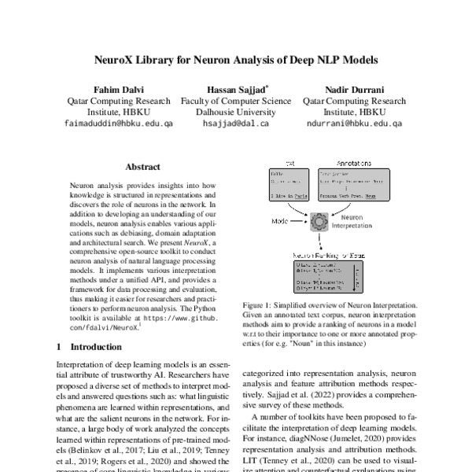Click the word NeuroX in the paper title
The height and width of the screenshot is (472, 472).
pyautogui.click(x=119, y=59)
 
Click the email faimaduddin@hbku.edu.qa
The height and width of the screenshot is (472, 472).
pyautogui.click(x=117, y=124)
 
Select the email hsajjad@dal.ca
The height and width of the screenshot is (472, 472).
pyautogui.click(x=236, y=124)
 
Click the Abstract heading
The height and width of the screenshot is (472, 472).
pyautogui.click(x=142, y=167)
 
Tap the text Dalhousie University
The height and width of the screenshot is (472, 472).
pyautogui.click(x=236, y=112)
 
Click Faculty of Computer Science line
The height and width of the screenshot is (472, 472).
pyautogui.click(x=236, y=101)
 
